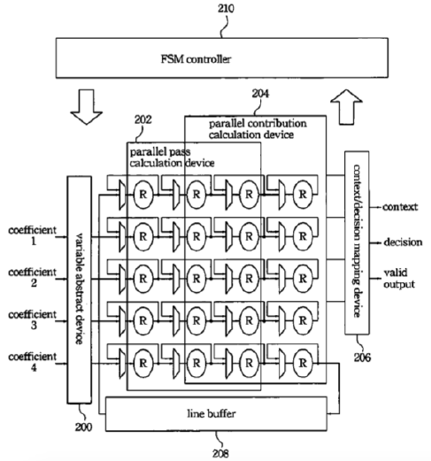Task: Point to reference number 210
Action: click(226, 8)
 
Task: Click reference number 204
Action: click(260, 94)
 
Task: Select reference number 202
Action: click(143, 119)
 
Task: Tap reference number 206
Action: click(362, 357)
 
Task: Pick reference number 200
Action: click(83, 427)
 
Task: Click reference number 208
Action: click(220, 453)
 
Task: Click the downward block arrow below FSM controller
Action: click(87, 107)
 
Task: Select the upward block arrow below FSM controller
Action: click(346, 107)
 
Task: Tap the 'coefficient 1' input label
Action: click(32, 235)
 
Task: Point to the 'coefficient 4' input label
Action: click(32, 362)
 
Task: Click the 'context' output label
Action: click(400, 207)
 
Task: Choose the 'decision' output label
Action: click(403, 242)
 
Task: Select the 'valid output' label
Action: click(399, 278)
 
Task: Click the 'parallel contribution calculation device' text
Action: click(258, 129)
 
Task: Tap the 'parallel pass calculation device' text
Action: click(172, 158)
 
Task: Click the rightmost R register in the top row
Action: click(303, 195)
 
